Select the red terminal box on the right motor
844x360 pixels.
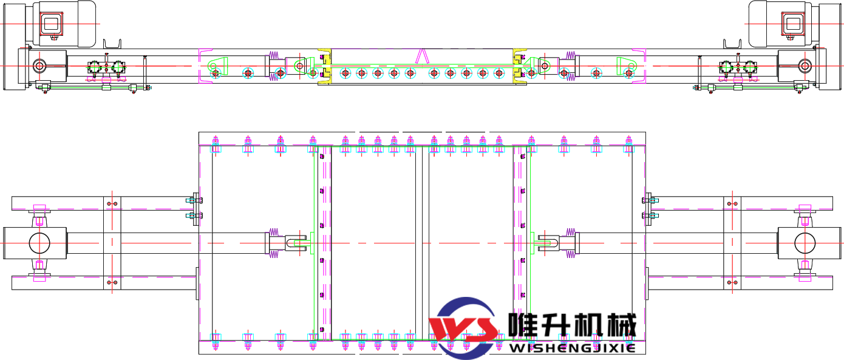(793, 24)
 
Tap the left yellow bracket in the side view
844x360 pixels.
(325, 66)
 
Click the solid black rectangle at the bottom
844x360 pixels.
(568, 316)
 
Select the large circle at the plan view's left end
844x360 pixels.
(40, 243)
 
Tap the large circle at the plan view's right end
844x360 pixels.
(805, 243)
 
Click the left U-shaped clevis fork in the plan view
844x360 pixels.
(298, 243)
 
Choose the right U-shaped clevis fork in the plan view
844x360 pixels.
(547, 243)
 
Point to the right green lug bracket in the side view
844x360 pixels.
(627, 64)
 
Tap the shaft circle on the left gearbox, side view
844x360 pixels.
(39, 65)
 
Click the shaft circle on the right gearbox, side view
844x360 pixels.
(805, 65)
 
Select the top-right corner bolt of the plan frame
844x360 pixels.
(629, 144)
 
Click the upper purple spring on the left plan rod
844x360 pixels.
(273, 232)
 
